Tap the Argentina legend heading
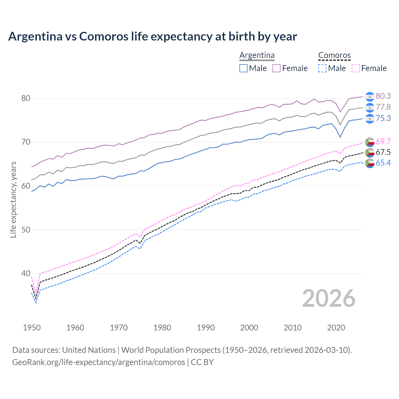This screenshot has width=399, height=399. click(257, 55)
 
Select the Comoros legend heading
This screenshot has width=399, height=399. click(334, 55)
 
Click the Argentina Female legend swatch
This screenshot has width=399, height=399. click(276, 68)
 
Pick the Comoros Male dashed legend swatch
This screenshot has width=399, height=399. click(322, 68)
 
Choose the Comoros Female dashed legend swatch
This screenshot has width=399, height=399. click(356, 68)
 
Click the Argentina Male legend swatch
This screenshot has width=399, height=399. click(243, 68)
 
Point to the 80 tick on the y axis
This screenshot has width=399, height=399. click(26, 98)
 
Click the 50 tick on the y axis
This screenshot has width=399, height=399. click(26, 230)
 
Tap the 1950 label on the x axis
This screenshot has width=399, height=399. click(32, 328)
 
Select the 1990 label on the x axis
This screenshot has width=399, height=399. click(206, 328)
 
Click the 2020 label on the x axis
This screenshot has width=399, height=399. click(336, 328)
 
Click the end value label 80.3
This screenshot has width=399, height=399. click(383, 96)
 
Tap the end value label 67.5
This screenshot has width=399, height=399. click(383, 152)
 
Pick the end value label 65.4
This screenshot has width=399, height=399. click(383, 163)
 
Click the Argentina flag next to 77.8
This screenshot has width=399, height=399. click(370, 108)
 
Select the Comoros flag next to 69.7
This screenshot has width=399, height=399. click(370, 142)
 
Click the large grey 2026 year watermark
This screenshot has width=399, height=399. click(329, 298)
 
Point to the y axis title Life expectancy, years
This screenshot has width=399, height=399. click(13, 199)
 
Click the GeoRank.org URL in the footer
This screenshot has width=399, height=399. click(99, 362)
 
